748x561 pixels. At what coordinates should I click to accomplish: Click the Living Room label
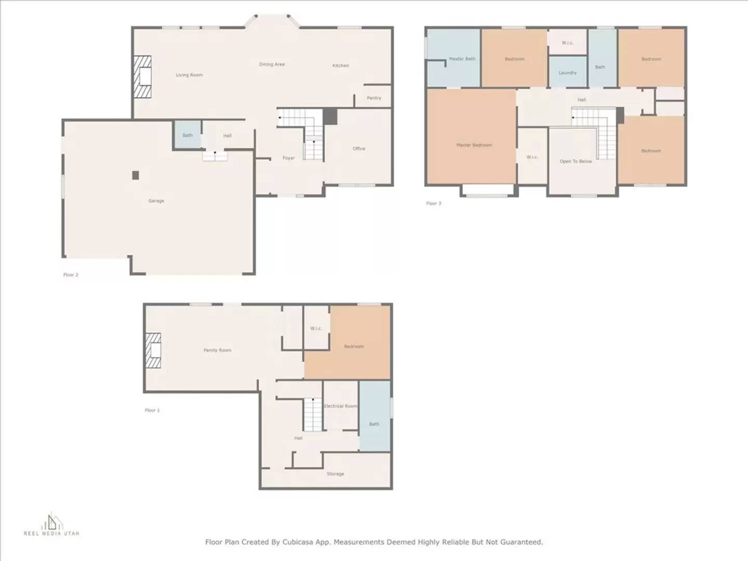189,75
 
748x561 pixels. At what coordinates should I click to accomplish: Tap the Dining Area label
272,64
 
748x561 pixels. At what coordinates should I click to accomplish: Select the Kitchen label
341,65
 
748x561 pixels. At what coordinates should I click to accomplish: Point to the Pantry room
373,98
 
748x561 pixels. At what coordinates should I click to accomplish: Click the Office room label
359,149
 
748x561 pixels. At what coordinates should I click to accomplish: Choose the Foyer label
288,158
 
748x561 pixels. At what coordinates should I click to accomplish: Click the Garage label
156,201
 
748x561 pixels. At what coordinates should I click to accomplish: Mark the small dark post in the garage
136,176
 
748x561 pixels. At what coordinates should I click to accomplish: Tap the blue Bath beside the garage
188,136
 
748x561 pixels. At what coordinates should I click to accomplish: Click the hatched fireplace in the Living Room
142,77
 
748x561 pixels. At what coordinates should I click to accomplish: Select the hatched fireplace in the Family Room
153,351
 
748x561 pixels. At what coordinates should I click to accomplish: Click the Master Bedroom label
474,145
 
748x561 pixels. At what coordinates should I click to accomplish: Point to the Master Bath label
462,59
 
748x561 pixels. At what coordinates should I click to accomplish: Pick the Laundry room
568,73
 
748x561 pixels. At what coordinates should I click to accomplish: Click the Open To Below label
576,162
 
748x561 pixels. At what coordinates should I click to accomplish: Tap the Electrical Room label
341,406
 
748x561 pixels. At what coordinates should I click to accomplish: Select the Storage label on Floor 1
335,474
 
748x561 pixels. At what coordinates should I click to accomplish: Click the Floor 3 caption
433,204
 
